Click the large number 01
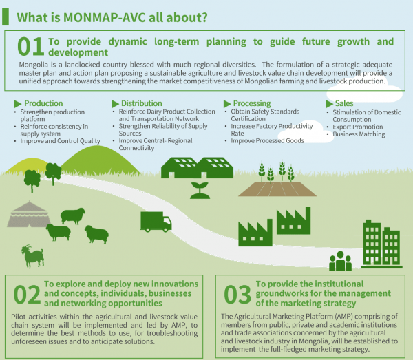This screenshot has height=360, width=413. click(30, 47)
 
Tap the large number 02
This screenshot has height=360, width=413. click(27, 295)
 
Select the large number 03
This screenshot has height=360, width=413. click(237, 295)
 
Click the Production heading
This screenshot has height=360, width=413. click(43, 103)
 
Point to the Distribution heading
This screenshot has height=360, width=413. click(141, 103)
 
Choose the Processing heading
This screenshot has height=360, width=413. click(252, 103)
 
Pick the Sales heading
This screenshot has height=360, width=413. click(344, 103)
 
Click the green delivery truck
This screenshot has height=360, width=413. click(156, 222)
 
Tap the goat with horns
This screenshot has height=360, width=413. click(32, 256)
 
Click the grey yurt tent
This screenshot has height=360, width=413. click(29, 214)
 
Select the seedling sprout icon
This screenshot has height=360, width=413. click(200, 190)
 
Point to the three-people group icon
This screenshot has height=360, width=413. click(340, 261)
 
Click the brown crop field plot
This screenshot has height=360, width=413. click(277, 189)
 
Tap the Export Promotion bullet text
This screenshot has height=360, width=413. click(358, 127)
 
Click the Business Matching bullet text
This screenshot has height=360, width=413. click(359, 134)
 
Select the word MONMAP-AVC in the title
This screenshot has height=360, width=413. click(105, 18)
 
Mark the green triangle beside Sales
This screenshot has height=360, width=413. click(329, 104)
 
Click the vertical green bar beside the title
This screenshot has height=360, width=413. click(6, 17)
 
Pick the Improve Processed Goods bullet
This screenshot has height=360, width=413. click(267, 140)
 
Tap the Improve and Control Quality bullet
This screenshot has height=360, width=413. click(60, 141)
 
